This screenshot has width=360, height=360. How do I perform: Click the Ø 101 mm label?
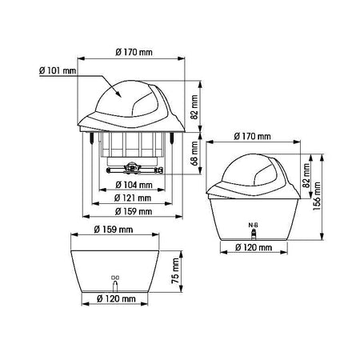58,71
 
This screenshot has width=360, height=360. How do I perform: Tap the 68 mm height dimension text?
195,154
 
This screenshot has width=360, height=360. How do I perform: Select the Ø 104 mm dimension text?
134,185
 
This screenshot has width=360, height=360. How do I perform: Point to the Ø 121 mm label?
133,198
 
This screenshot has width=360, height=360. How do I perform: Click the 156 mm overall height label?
317,196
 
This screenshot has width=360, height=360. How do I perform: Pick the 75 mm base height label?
175,271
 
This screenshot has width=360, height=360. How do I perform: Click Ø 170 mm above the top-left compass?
134,52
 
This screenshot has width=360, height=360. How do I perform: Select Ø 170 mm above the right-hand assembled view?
252,137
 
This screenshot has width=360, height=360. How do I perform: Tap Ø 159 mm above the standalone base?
114,230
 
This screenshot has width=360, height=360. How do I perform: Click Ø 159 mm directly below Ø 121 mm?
134,211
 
